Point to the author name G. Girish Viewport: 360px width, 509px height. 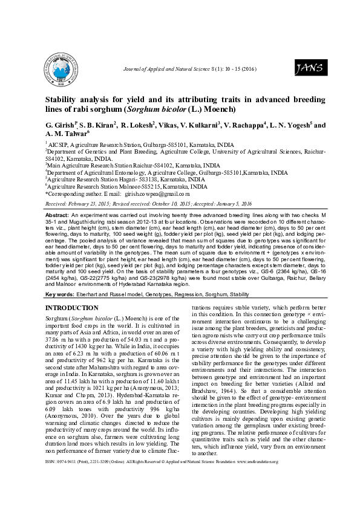60,125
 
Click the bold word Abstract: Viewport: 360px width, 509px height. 57,215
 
